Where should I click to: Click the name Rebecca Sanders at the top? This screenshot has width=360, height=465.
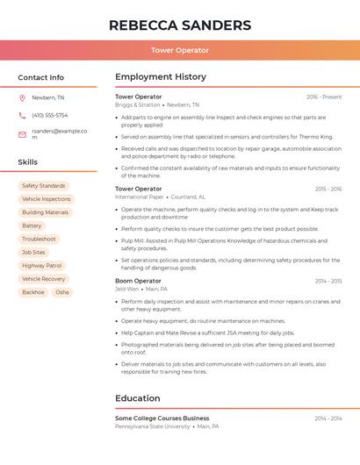[x=179, y=25]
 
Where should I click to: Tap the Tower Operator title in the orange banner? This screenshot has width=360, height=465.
[x=179, y=50]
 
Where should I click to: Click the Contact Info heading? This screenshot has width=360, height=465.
[x=40, y=77]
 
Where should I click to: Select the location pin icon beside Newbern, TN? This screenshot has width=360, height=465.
[x=22, y=98]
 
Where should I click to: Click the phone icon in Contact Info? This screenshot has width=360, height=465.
[x=22, y=116]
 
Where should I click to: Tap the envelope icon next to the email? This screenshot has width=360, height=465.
[x=22, y=134]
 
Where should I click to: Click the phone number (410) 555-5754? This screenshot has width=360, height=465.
[x=49, y=116]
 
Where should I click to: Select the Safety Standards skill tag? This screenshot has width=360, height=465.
[x=44, y=186]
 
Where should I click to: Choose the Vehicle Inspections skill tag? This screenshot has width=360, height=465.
[x=46, y=199]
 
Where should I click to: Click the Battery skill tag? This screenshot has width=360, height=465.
[x=32, y=225]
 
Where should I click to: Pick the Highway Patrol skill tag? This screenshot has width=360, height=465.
[x=42, y=265]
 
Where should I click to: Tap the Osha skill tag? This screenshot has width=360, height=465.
[x=62, y=292]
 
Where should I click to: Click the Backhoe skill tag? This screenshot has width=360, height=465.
[x=33, y=292]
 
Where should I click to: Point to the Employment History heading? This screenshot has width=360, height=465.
[x=161, y=77]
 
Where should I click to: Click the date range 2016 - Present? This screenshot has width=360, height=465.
[x=324, y=97]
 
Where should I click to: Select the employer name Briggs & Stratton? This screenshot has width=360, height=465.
[x=138, y=104]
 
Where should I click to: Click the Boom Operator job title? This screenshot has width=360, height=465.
[x=138, y=281]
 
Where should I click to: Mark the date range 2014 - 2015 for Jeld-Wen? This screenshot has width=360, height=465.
[x=328, y=281]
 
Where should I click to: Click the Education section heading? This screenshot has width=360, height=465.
[x=138, y=398]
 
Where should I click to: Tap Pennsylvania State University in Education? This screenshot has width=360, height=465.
[x=153, y=426]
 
